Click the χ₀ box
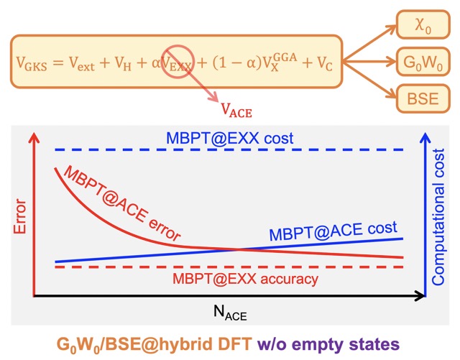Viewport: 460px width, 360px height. pos(421,29)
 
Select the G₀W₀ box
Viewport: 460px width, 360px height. pos(421,63)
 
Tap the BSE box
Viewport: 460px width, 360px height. pos(421,97)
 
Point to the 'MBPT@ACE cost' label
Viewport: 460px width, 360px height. pos(333,231)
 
